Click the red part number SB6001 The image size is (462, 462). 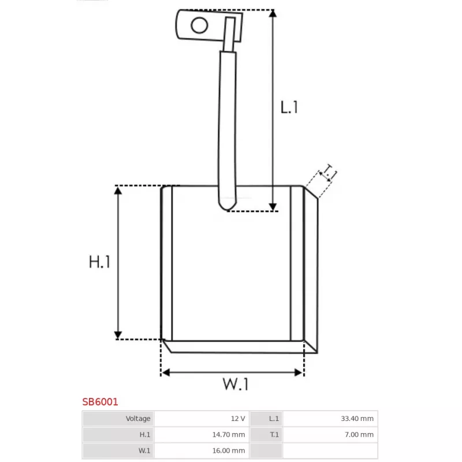(100, 401)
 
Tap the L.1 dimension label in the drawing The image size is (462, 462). (289, 107)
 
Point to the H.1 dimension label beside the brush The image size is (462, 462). (99, 262)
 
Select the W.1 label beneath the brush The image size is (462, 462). (236, 383)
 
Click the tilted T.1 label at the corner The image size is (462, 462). (329, 172)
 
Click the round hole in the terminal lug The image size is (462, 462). (199, 25)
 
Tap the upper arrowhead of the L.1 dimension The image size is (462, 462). (273, 13)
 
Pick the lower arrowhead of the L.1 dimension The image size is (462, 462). (273, 207)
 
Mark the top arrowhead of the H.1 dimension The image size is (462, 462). (118, 191)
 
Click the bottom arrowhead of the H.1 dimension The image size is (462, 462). (118, 335)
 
